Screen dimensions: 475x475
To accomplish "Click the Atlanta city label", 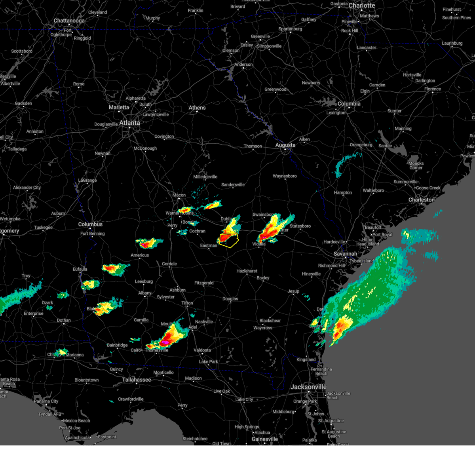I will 129,123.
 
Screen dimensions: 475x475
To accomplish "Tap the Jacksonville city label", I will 308,387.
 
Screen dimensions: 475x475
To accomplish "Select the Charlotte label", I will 361,6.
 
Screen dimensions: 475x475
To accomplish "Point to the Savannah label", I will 345,254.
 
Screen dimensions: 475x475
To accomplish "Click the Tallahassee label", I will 136,380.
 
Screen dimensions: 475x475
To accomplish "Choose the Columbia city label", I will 349,104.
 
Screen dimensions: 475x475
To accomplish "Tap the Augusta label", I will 285,145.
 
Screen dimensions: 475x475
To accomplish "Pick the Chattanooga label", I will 69,21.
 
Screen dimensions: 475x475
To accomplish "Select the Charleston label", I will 421,200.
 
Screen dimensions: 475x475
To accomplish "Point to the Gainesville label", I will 264,439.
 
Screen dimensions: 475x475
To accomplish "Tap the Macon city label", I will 179,195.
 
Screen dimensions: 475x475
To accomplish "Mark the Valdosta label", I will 202,350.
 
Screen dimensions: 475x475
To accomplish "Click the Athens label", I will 197,108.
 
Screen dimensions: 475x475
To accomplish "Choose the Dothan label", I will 63,321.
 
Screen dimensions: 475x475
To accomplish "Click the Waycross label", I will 262,328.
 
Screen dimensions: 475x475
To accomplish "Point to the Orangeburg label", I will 361,145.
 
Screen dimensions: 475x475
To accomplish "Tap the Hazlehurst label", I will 247,271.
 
